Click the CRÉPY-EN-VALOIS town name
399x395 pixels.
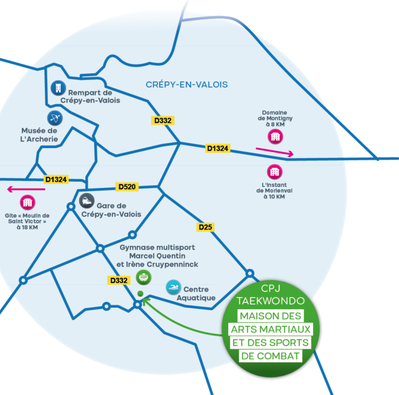[186, 84]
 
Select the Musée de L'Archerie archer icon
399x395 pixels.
[55, 118]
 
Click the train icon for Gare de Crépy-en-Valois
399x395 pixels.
[87, 201]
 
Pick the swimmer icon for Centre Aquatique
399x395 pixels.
[173, 287]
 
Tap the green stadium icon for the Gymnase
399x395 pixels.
[143, 277]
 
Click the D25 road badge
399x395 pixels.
[205, 227]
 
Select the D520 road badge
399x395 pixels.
[127, 187]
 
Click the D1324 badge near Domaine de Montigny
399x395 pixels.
[218, 149]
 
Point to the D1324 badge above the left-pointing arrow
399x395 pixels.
[56, 179]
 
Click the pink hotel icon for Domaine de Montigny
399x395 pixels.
[275, 136]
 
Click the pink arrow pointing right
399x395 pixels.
[274, 151]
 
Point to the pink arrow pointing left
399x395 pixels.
[26, 189]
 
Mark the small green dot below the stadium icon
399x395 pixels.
[140, 293]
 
